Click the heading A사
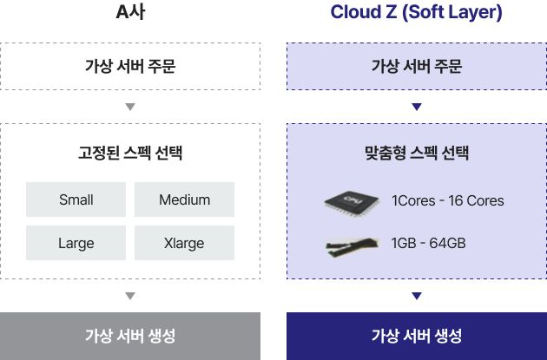tap(130, 12)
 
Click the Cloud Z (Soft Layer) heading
tap(416, 12)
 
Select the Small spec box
tap(76, 200)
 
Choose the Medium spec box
tap(185, 200)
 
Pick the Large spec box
tap(76, 243)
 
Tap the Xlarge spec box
tap(185, 243)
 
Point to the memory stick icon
tap(352, 246)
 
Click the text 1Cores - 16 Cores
tap(447, 200)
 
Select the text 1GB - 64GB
tap(428, 243)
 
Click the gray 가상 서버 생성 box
tap(130, 336)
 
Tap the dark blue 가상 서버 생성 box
tap(417, 336)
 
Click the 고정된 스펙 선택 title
tap(130, 153)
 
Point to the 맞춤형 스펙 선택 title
tap(417, 153)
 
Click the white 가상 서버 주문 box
tap(130, 66)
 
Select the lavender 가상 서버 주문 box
tap(417, 66)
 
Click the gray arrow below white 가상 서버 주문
tap(130, 107)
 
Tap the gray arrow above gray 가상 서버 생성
tap(130, 296)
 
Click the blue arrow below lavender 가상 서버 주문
tap(417, 107)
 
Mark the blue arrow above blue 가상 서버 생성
tap(417, 296)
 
